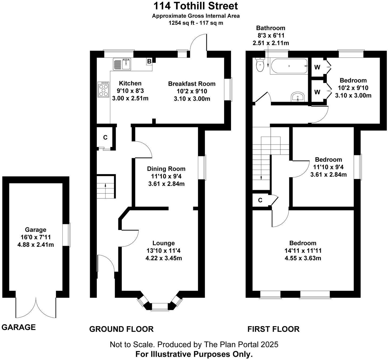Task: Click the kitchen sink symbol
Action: coord(122,64)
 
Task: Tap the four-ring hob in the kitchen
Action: coord(103,89)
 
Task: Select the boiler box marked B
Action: coord(149,62)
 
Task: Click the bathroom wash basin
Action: coord(298,96)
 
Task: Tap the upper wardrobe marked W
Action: coord(317,67)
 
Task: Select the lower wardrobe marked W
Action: coord(317,92)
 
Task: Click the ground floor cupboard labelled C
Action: coord(105,137)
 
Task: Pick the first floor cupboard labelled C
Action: coord(260,200)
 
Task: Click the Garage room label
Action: coord(35,230)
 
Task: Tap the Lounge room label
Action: coord(164,243)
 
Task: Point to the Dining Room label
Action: coord(166,169)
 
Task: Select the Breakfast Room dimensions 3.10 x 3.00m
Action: coord(192,99)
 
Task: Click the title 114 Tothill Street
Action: coord(196,6)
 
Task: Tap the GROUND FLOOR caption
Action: coord(121,329)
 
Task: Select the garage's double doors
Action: coord(36,308)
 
